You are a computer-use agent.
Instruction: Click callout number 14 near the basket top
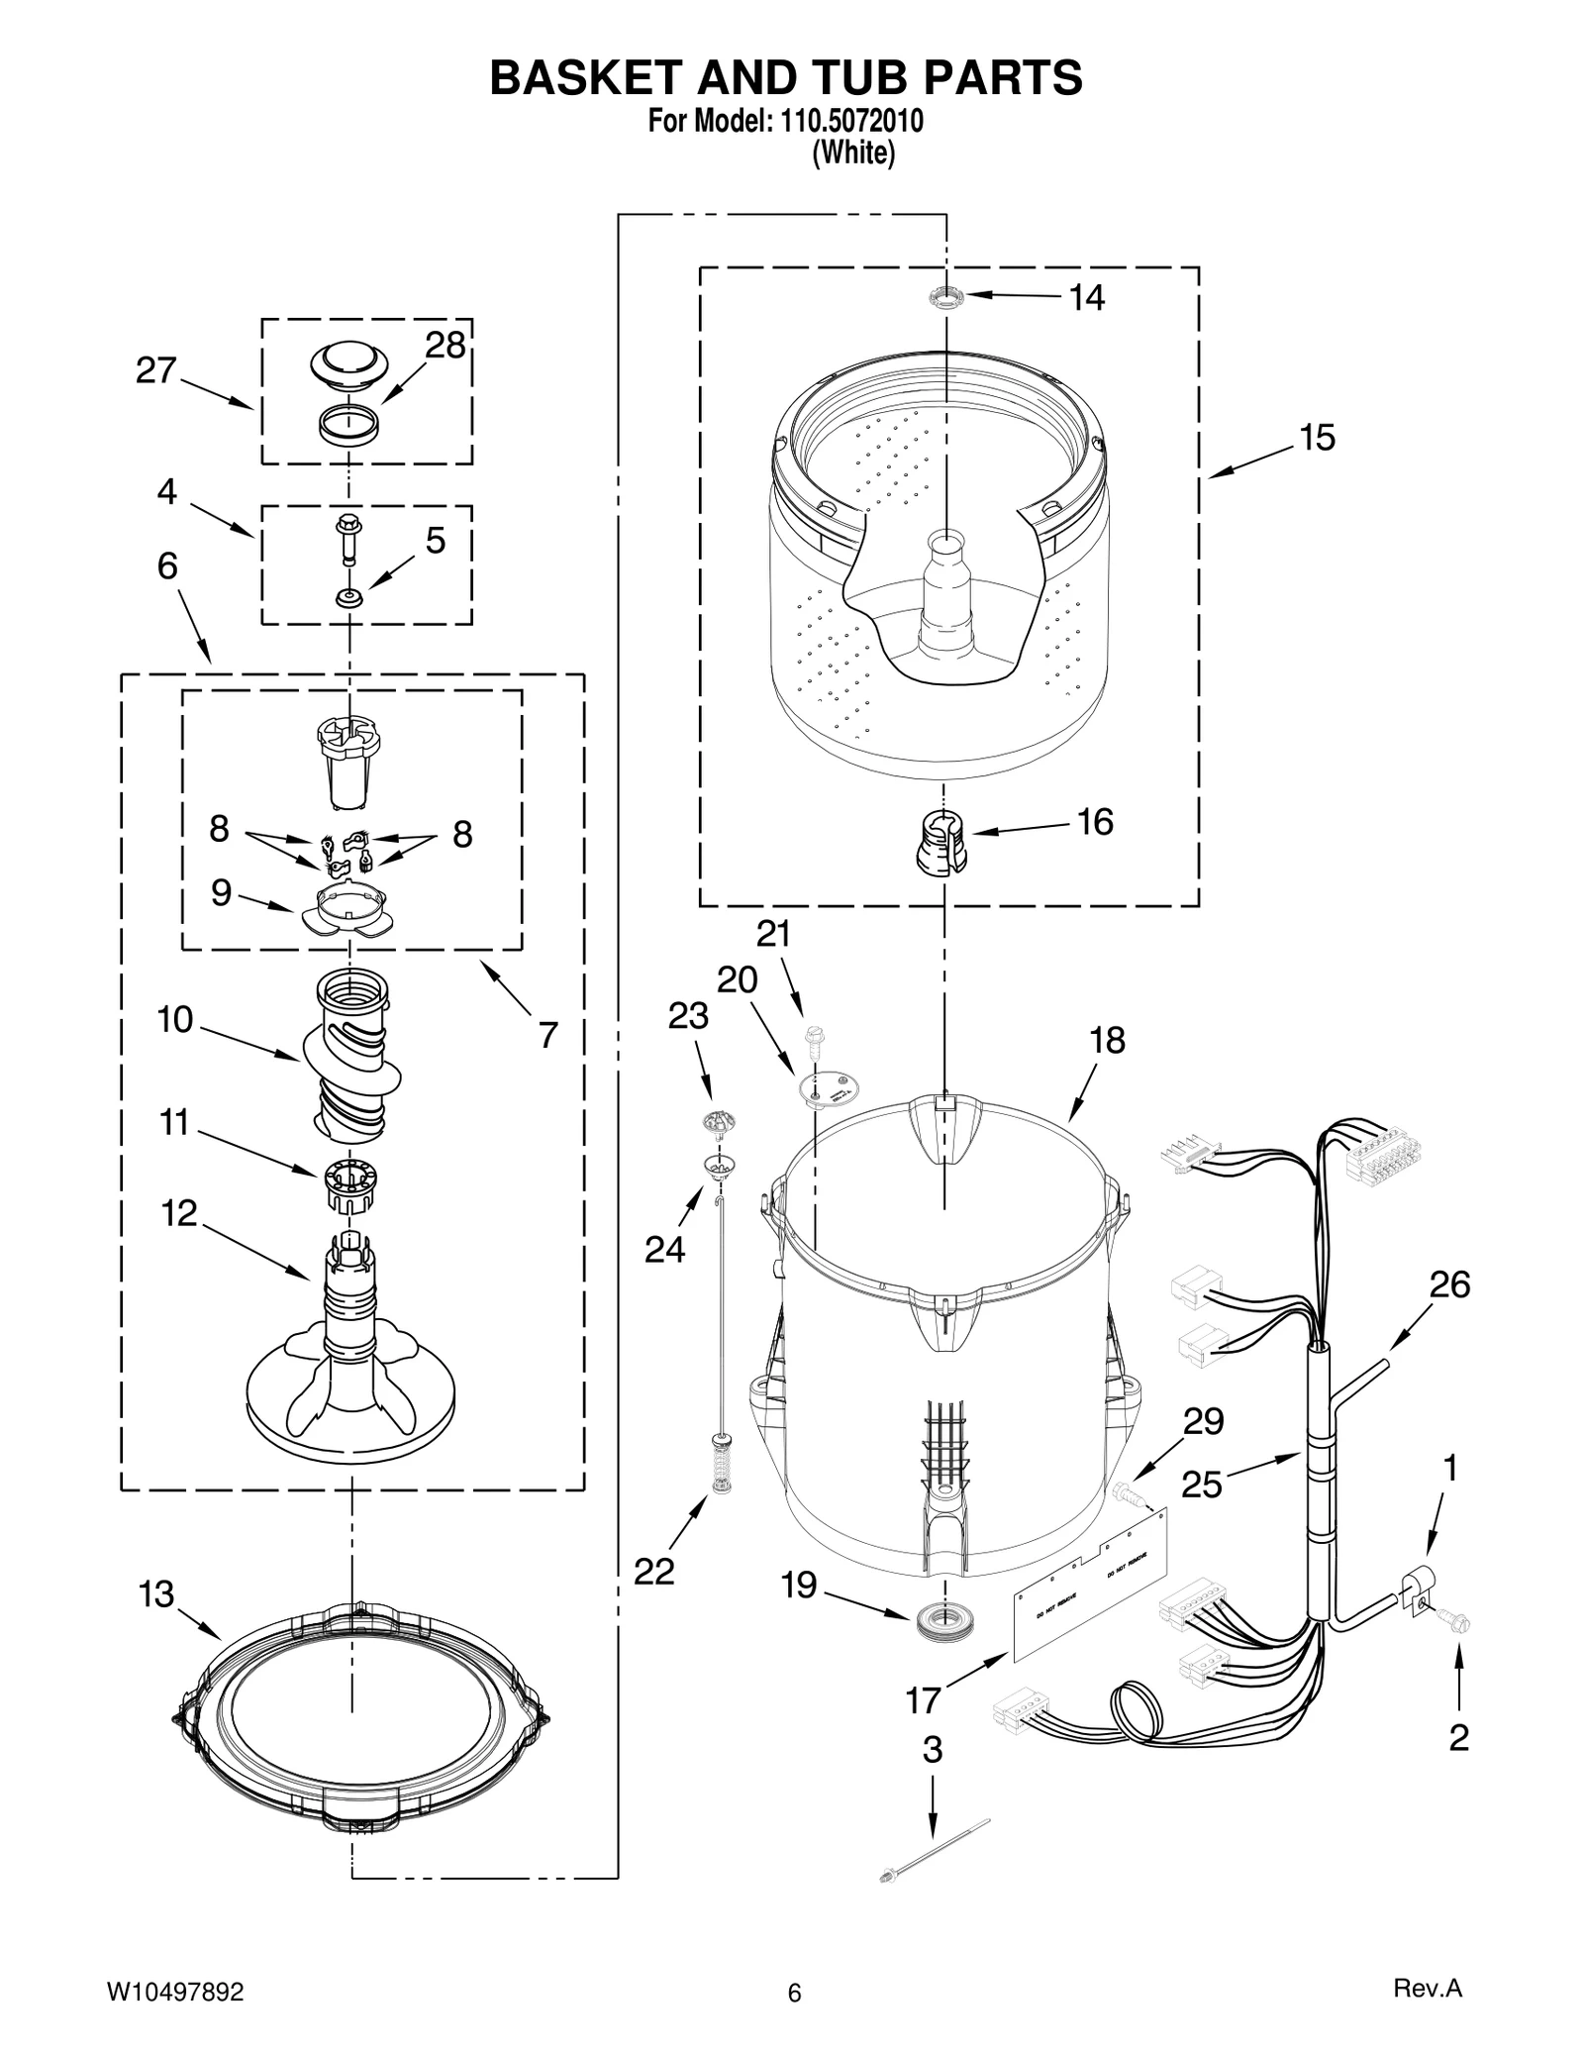[1086, 298]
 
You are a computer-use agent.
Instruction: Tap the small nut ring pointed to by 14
[946, 296]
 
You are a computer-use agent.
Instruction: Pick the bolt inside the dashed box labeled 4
[349, 537]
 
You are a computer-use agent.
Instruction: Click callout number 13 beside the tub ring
[156, 1595]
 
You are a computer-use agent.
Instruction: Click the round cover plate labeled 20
[829, 1087]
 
